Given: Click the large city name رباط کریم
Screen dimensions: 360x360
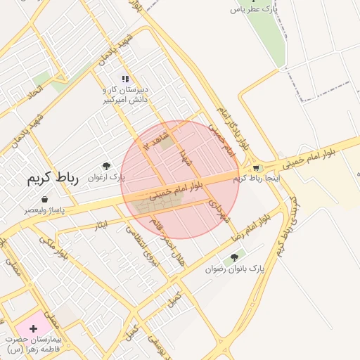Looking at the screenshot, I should (55, 178).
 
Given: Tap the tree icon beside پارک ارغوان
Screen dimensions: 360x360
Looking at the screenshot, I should (106, 166).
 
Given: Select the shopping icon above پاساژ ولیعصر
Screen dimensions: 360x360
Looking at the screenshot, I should (45, 199).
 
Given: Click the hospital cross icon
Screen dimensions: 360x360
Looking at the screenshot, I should (32, 328).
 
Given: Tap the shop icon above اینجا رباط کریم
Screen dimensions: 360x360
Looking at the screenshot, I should (256, 167).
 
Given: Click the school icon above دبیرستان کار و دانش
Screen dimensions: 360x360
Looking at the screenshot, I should (124, 79).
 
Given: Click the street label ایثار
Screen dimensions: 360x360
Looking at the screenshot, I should (102, 224).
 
